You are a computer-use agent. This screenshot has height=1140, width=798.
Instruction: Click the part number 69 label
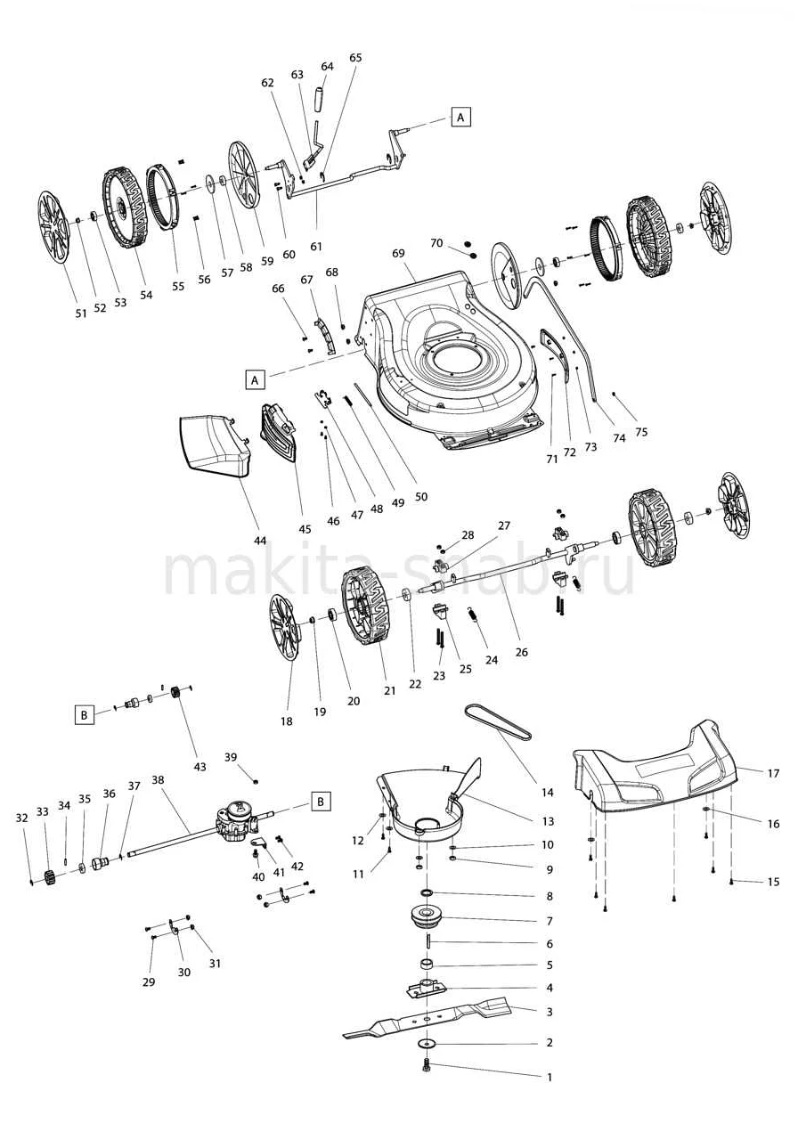tap(398, 254)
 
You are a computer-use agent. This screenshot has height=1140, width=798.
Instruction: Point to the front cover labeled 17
tap(659, 770)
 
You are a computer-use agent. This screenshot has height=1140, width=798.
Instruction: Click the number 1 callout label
tap(550, 1077)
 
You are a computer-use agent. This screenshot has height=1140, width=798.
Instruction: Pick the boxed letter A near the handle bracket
tap(460, 117)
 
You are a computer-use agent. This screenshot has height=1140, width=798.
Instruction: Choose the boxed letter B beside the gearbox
tap(321, 801)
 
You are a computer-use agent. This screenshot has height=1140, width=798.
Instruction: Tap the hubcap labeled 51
tap(53, 227)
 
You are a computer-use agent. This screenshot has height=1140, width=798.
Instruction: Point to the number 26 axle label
tap(522, 652)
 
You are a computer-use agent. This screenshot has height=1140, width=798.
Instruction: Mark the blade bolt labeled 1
tap(427, 1064)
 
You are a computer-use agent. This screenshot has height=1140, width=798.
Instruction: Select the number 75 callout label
tap(641, 432)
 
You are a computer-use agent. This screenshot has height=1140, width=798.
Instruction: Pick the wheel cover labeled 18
tap(284, 629)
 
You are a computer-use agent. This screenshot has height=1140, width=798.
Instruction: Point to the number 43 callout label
tap(199, 766)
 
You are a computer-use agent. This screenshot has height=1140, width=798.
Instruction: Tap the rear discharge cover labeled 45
tap(278, 434)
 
